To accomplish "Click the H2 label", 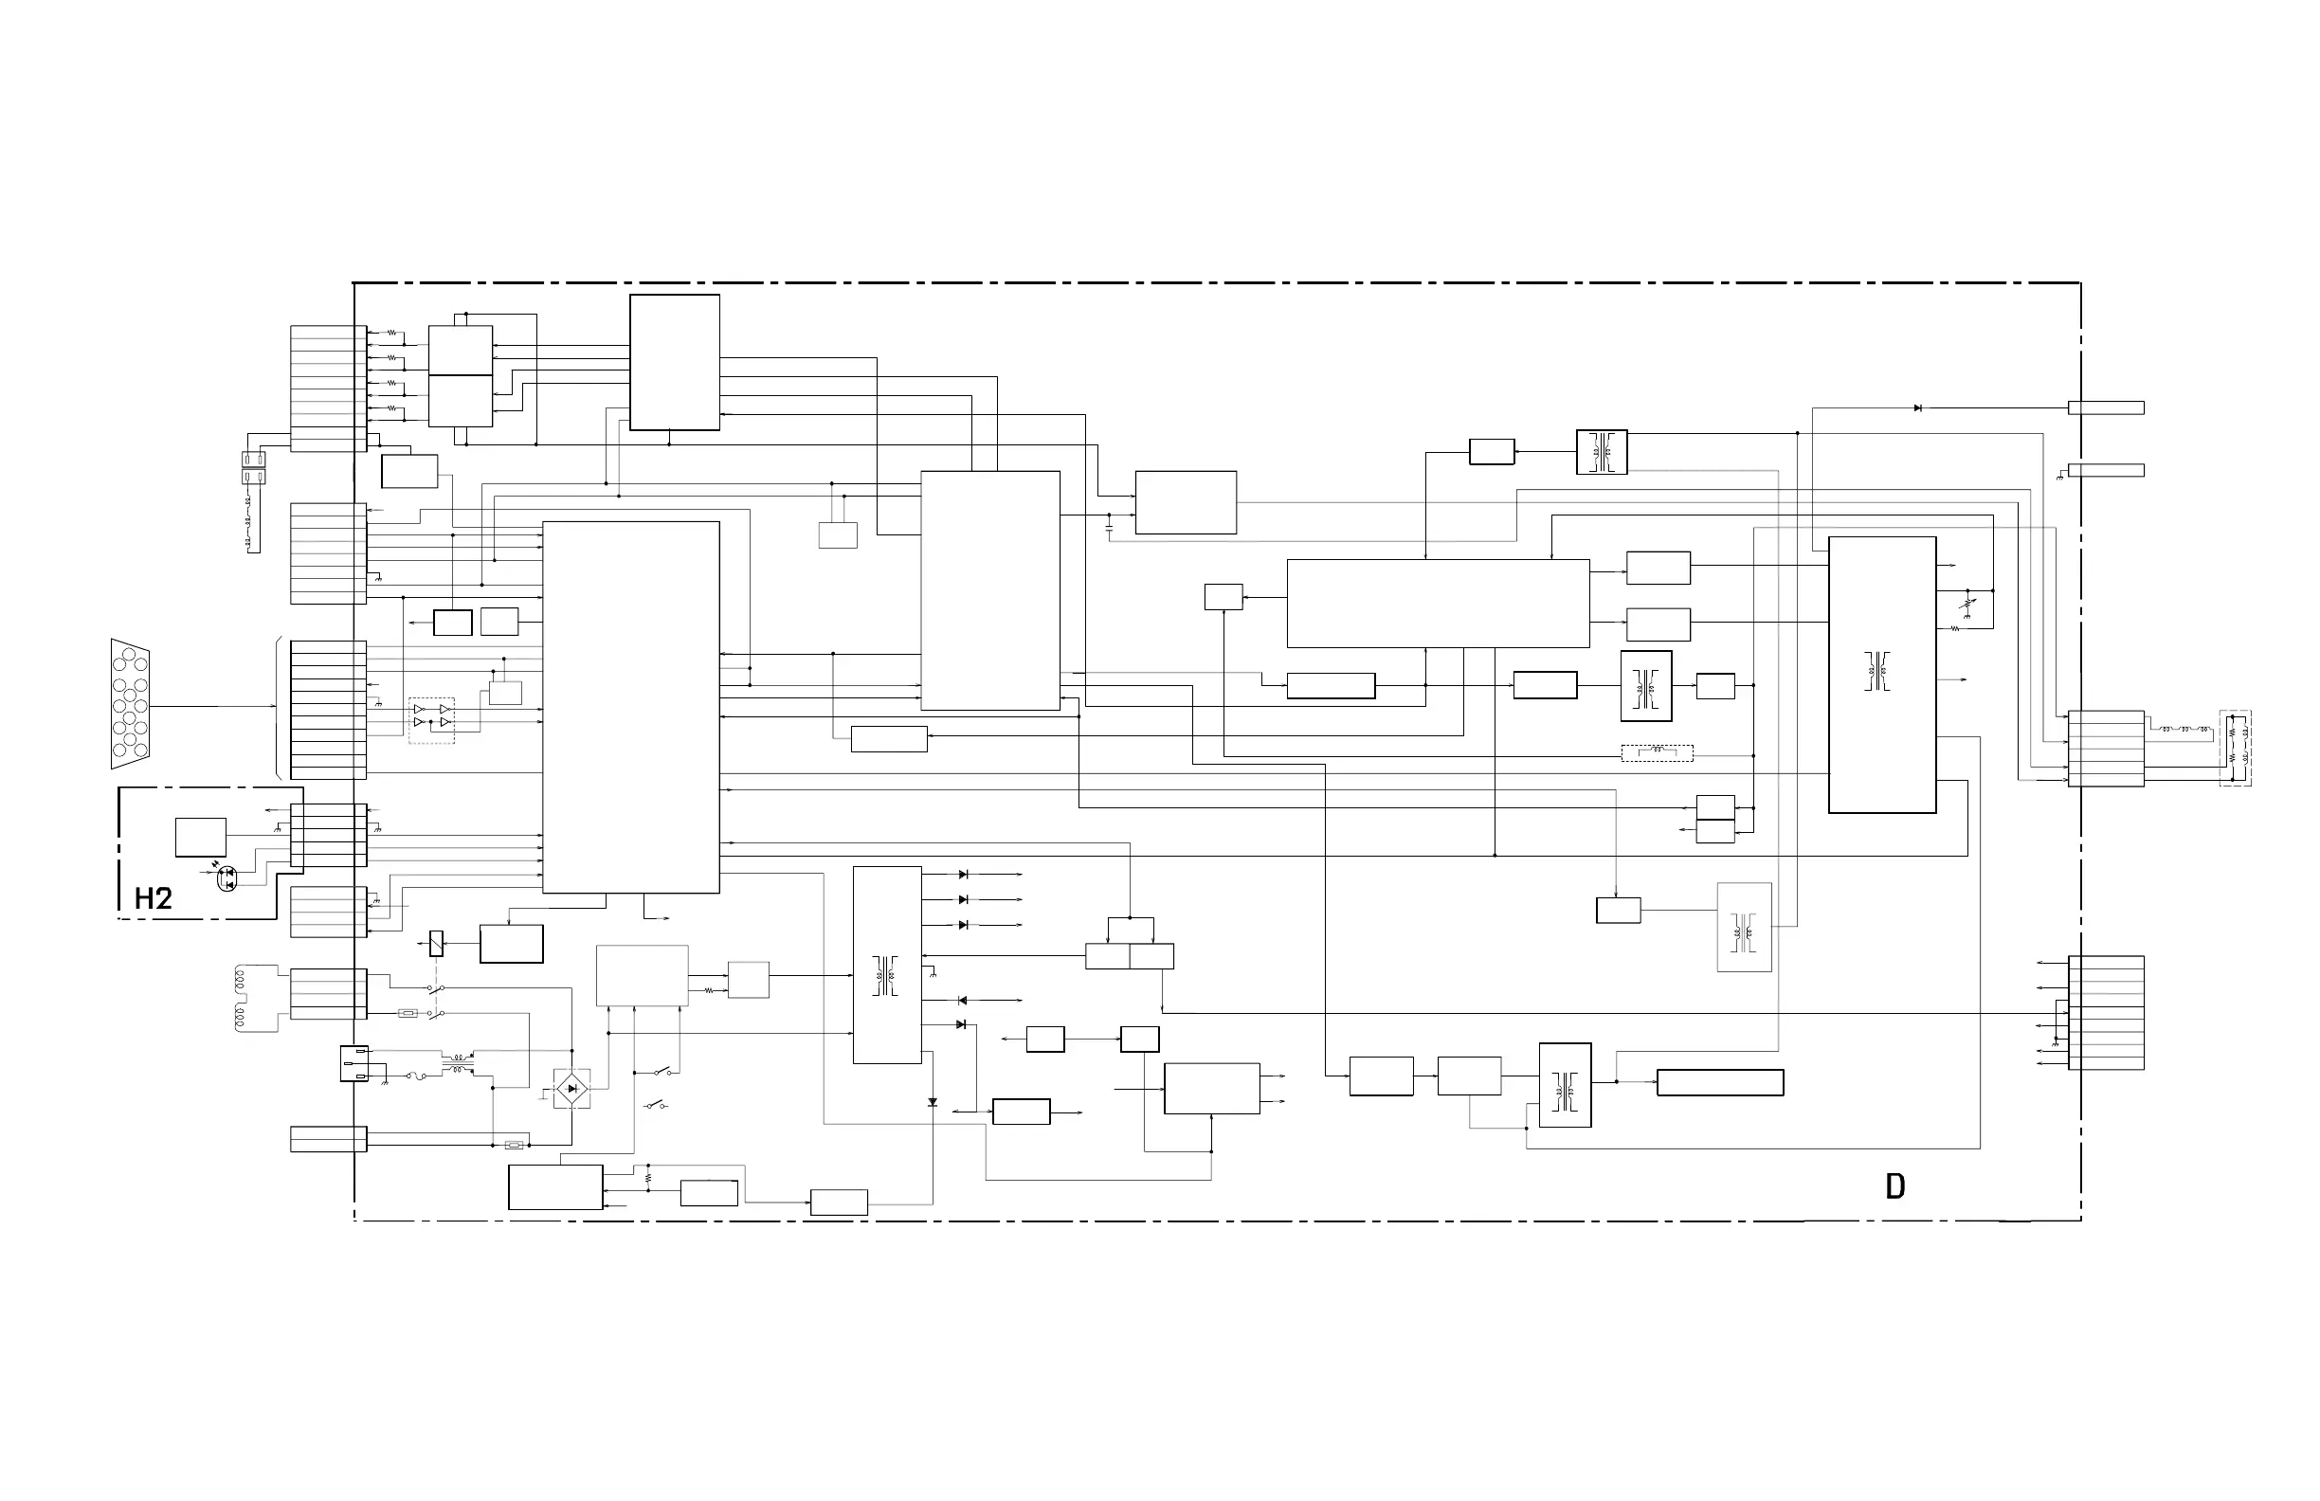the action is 153,898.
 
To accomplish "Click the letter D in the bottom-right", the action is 1895,1186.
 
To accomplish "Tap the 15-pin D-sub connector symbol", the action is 130,704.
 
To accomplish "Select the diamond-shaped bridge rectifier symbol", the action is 572,1088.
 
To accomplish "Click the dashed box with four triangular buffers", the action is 432,720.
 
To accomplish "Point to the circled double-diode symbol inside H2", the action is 227,878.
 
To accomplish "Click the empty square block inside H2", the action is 201,838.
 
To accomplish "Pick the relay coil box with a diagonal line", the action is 436,943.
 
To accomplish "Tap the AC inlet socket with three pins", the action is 353,1063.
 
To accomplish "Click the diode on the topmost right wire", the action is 1918,407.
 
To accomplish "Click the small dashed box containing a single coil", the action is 1658,752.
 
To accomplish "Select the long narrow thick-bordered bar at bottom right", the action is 1719,1083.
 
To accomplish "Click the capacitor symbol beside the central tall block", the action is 1110,527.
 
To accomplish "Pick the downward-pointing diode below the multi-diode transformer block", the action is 933,1102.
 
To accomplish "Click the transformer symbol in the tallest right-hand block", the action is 1877,673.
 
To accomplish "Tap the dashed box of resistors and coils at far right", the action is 2236,748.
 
